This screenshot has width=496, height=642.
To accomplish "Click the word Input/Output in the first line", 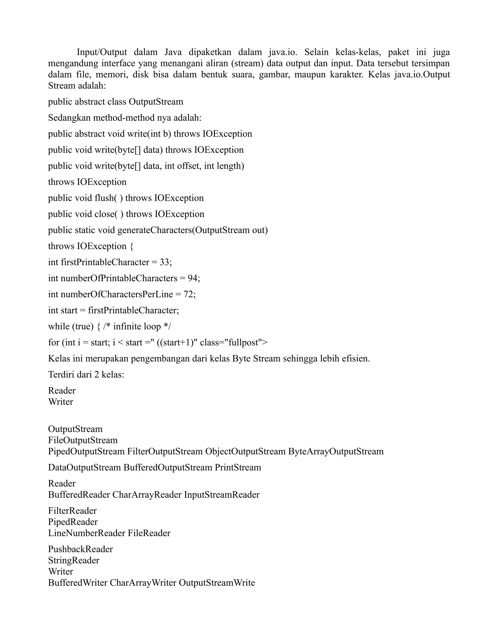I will (x=102, y=52).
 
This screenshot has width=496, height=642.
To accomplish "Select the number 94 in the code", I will (x=193, y=278).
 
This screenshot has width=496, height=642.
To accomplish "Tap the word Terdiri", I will (x=60, y=375).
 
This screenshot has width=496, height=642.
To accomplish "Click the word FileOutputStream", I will (x=83, y=440).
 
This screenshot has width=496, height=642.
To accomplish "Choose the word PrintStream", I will (x=238, y=467).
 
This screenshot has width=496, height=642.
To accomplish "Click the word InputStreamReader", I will (x=222, y=494).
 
